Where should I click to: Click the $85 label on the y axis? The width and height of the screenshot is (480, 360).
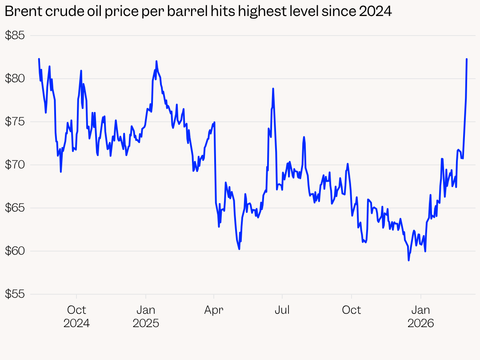click(15, 36)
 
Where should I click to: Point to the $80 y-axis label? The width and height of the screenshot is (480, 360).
click(15, 79)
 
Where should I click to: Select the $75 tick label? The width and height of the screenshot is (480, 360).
click(15, 122)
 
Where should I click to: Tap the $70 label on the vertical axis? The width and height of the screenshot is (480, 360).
click(15, 165)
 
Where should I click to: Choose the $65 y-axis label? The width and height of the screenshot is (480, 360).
click(15, 208)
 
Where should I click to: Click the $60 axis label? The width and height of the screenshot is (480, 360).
click(15, 251)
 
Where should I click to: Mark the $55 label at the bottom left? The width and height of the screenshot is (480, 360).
click(15, 294)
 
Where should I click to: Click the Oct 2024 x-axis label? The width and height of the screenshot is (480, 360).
click(76, 316)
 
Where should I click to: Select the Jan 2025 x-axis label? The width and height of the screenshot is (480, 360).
click(146, 316)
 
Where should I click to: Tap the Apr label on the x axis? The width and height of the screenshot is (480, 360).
click(214, 310)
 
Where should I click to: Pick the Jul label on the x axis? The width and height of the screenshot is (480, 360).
click(282, 310)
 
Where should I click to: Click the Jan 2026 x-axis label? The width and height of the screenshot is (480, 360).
click(421, 316)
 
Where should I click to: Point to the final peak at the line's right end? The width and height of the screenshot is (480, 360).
click(467, 59)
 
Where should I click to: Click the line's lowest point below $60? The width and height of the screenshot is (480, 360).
click(408, 260)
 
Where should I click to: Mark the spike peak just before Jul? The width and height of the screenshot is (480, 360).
click(273, 88)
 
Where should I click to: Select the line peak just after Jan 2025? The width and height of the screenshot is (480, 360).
click(156, 61)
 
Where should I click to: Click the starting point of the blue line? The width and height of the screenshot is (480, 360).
click(39, 59)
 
